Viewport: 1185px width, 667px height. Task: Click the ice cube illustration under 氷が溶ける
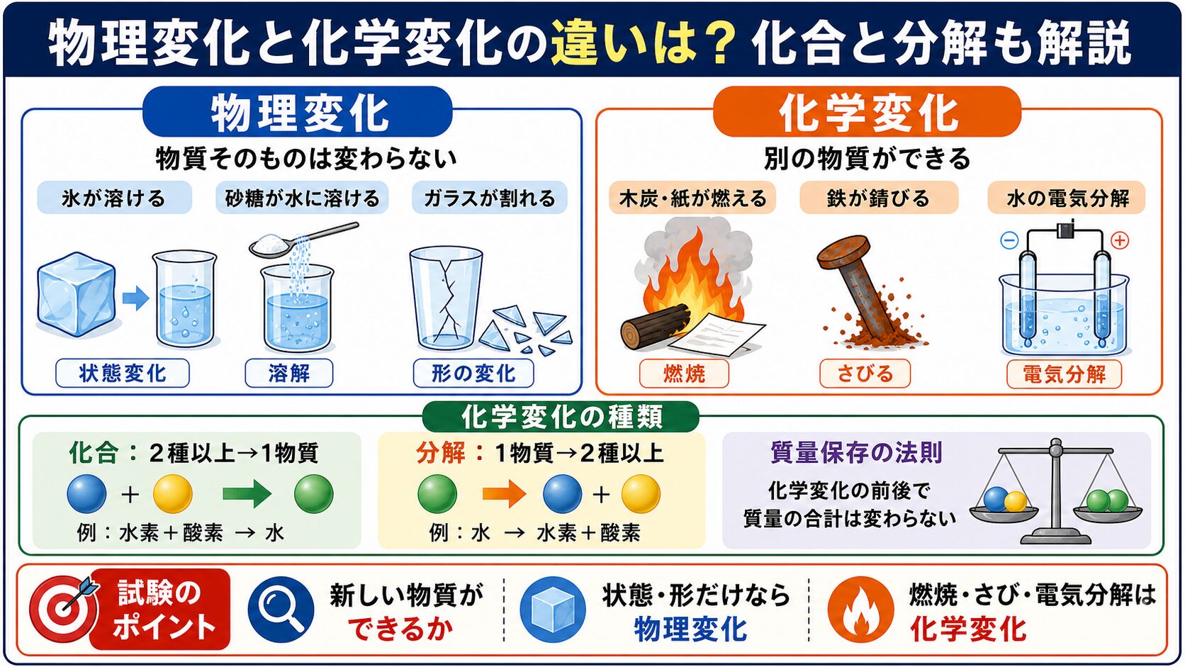pos(76,294)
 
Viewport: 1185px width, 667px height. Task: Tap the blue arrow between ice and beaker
pos(136,298)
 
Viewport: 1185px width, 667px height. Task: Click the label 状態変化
pos(123,374)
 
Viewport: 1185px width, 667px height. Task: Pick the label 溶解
pos(289,374)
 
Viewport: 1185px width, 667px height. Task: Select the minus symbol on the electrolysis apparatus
pos(1009,241)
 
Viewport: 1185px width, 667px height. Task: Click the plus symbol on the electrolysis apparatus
pos(1119,241)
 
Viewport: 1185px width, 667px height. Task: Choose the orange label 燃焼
pos(684,374)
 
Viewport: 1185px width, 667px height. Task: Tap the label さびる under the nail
pos(865,374)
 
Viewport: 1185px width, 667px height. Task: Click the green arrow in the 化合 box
pos(247,494)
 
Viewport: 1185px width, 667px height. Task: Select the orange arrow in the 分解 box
pos(504,495)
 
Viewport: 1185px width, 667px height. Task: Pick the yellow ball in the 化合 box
pos(172,494)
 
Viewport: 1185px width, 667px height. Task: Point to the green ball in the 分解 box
pos(437,494)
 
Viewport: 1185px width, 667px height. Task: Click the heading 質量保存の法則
pos(856,453)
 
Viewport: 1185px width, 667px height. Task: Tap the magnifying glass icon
pos(281,610)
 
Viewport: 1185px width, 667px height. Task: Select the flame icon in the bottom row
pos(860,610)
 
